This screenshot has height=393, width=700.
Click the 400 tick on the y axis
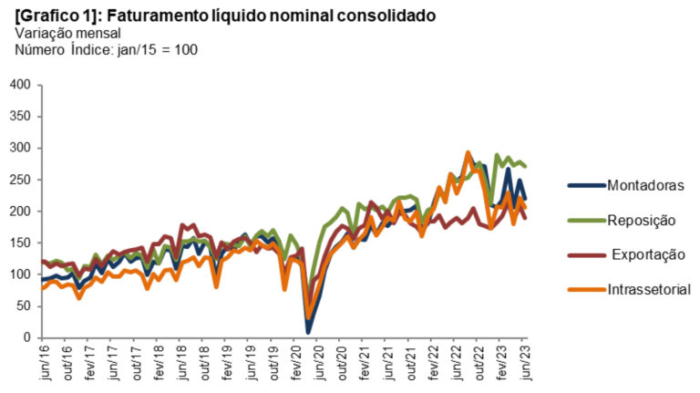21,85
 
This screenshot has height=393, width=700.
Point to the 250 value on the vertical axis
21,180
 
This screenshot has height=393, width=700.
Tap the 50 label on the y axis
25,306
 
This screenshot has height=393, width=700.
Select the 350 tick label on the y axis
21,117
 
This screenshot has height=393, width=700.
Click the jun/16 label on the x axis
43,362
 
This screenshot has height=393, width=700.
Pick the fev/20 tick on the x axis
295,362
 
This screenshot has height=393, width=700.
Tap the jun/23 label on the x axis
524,362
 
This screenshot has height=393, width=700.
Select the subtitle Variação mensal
62,33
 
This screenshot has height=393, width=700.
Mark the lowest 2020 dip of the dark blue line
308,331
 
